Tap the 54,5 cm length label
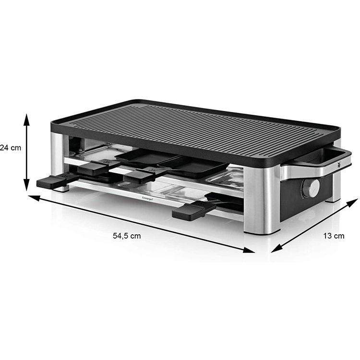(x=127, y=236)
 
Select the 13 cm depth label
(x=333, y=235)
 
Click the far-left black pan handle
(x=50, y=182)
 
